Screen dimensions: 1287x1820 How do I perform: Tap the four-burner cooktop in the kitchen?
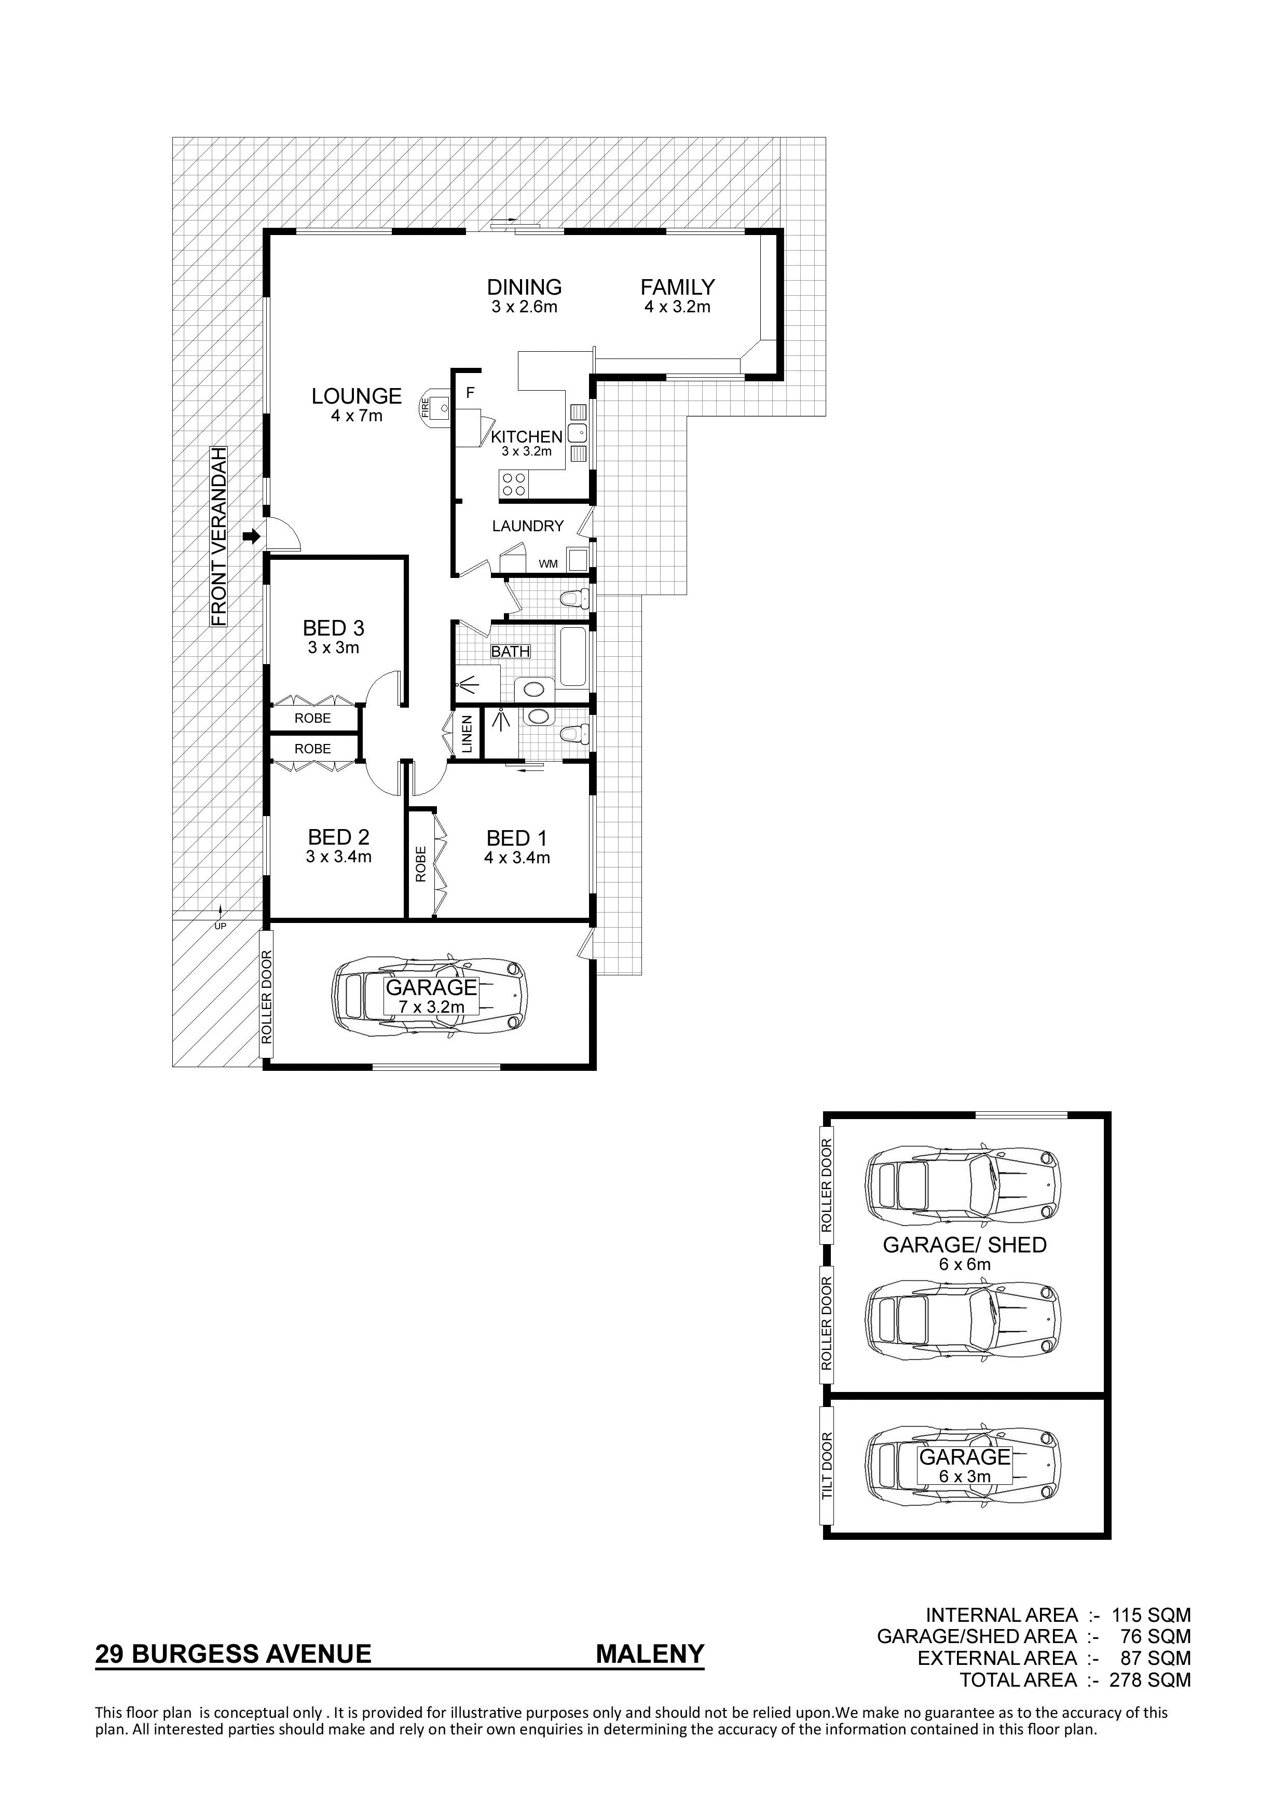(x=514, y=484)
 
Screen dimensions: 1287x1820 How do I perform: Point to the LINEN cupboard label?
(x=467, y=734)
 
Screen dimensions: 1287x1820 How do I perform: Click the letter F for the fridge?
(x=470, y=392)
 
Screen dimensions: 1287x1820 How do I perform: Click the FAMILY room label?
(x=677, y=287)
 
